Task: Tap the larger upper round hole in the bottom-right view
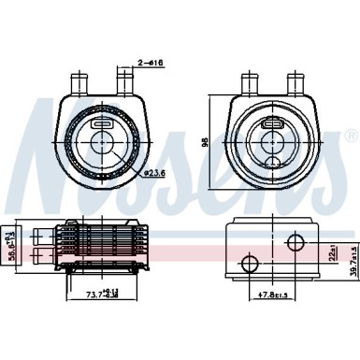[x=296, y=243]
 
